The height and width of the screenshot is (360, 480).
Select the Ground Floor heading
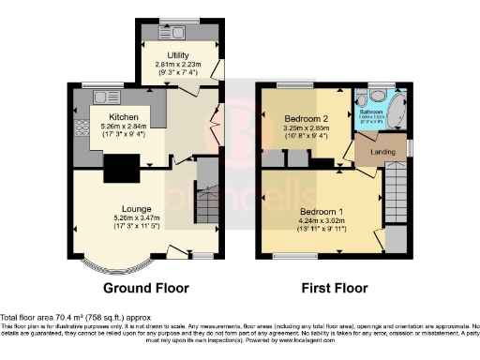pyautogui.click(x=145, y=287)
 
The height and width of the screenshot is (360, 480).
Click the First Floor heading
pyautogui.click(x=334, y=287)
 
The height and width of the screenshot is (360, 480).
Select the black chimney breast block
pyautogui.click(x=120, y=169)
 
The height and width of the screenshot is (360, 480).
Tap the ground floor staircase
pyautogui.click(x=206, y=192)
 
